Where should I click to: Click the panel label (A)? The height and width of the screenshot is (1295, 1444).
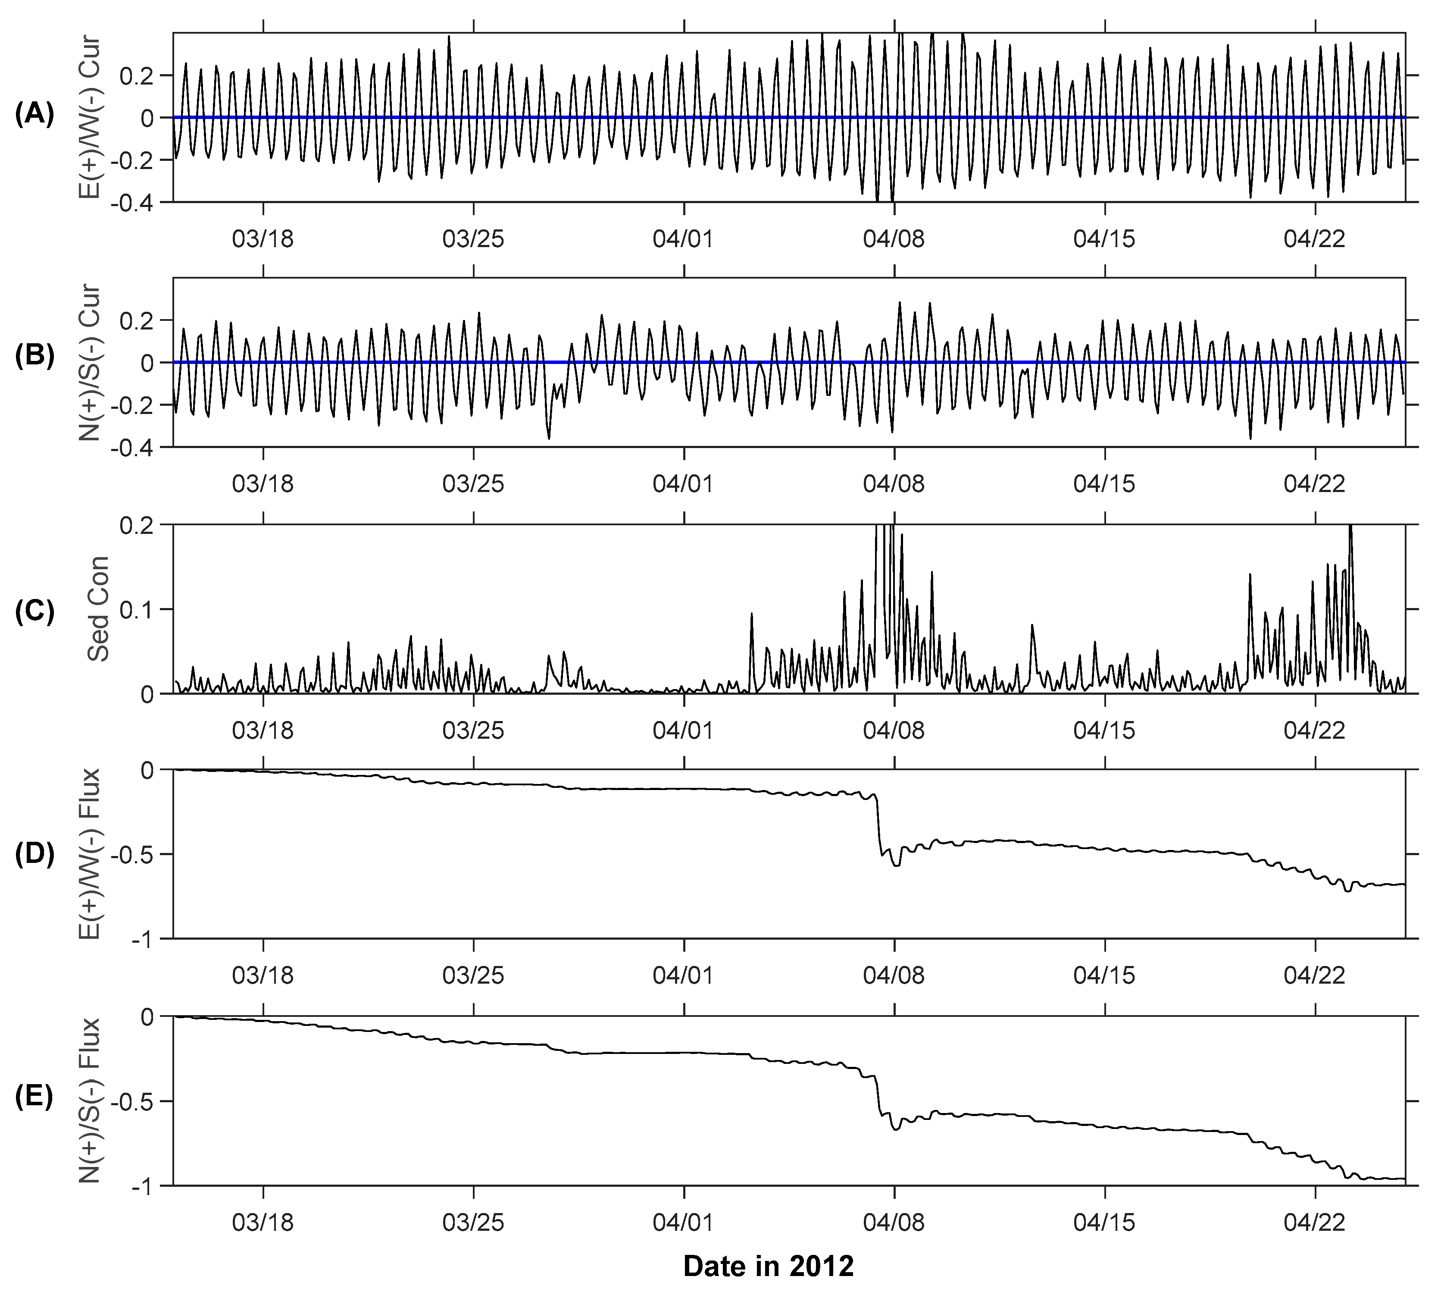(34, 114)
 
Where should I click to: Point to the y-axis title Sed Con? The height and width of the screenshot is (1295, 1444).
(99, 608)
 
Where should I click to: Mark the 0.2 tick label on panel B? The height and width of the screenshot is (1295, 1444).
(146, 321)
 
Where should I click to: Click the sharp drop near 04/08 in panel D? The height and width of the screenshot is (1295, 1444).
(879, 825)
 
